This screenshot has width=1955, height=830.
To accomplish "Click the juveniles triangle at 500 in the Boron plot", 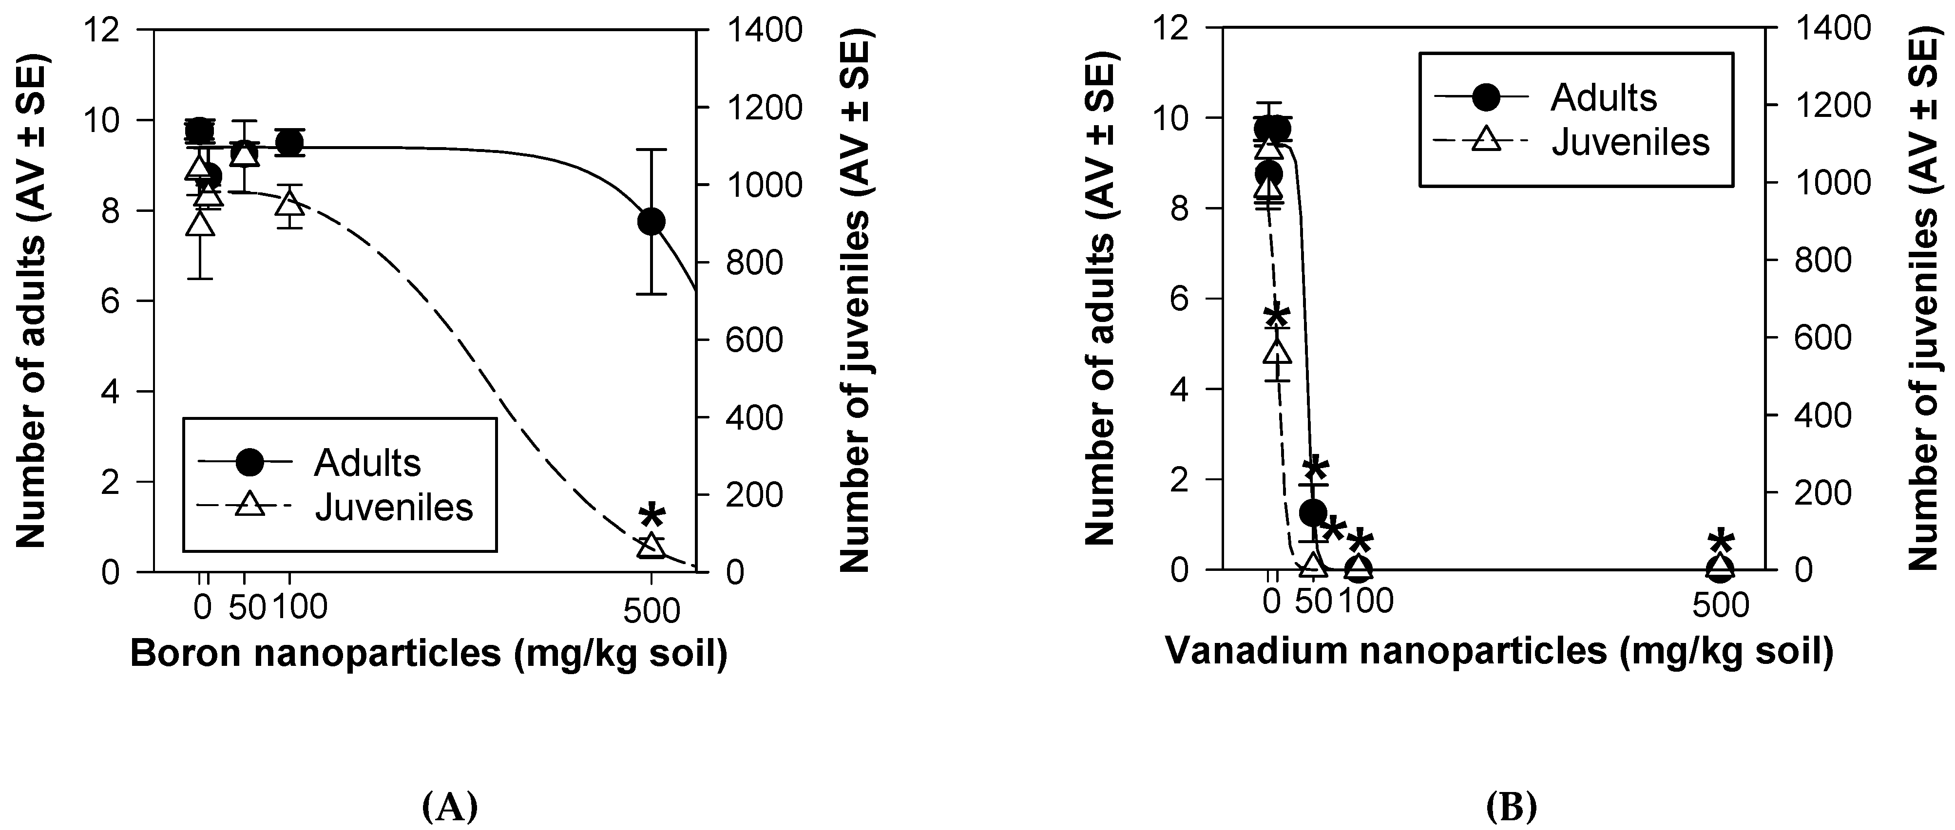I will point(651,546).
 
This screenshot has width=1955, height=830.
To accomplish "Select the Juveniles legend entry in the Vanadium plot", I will point(1630,142).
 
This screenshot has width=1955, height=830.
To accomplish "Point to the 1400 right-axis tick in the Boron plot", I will point(764,30).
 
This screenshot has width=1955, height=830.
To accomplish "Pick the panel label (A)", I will point(449,807).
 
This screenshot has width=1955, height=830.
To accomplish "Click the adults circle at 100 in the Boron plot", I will point(289,143).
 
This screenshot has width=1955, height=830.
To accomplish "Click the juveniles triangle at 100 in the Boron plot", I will point(289,203).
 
